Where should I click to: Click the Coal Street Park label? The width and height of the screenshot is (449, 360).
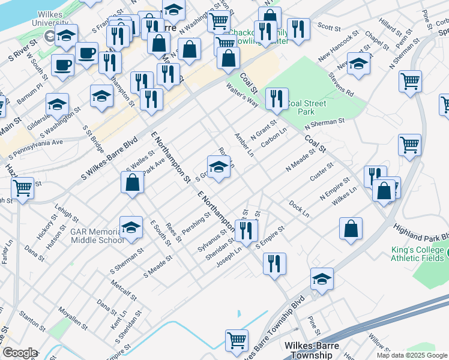coord(306,107)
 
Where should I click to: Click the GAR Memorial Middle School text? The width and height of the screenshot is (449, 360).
coord(97,235)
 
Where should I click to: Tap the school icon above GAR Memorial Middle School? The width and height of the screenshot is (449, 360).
coord(131,227)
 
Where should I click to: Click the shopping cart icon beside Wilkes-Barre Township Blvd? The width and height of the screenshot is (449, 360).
coord(237,341)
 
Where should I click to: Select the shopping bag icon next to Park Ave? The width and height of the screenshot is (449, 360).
coord(133,182)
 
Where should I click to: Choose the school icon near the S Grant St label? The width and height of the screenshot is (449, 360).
coord(219,167)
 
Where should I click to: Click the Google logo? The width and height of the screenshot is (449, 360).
coord(20,353)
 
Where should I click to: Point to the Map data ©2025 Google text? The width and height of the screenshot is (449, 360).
coord(412,355)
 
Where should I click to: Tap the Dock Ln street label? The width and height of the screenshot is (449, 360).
coord(298,209)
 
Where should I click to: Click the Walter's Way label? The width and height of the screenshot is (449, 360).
coord(241,95)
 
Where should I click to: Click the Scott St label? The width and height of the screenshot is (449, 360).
coord(329,26)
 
